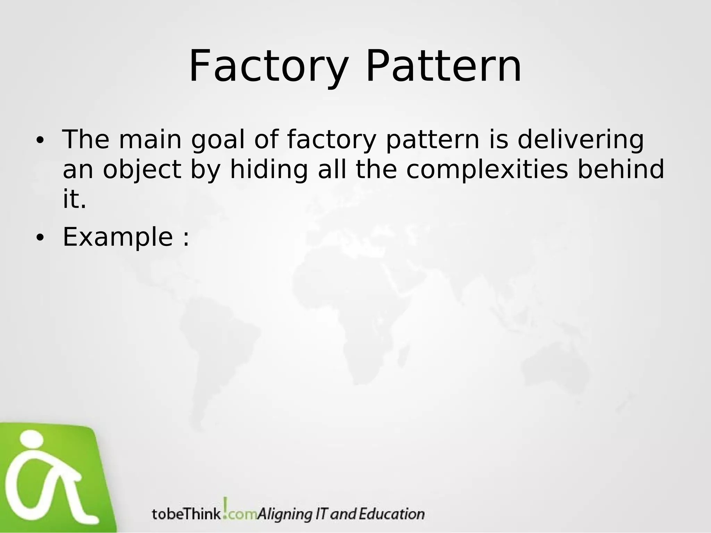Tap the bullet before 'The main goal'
tap(40, 140)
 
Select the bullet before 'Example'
tap(40, 238)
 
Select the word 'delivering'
tap(580, 140)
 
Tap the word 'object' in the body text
tap(142, 170)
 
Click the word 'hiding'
tap(269, 170)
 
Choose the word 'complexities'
tap(487, 170)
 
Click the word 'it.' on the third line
tap(74, 200)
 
